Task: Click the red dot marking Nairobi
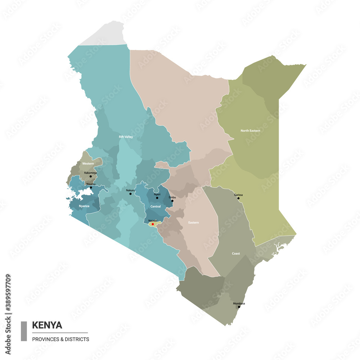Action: coord(153,224)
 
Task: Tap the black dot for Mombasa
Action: coord(239,307)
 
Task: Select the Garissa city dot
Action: coord(238,198)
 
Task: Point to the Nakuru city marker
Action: coord(131,194)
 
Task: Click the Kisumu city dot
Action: coord(91,187)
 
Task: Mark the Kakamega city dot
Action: coord(91,176)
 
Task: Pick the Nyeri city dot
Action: coord(157,198)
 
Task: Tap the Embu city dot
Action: coord(172,201)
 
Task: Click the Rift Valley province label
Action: coord(126,137)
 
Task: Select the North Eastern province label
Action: coord(250,131)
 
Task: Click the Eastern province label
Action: coord(193,222)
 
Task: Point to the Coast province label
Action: coord(236,253)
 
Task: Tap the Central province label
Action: coord(156,207)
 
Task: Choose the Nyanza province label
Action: coord(84,206)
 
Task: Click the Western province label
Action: coord(88,163)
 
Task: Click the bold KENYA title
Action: coord(47,325)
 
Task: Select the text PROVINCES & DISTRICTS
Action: coord(60,339)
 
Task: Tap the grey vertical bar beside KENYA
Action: coord(24,331)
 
